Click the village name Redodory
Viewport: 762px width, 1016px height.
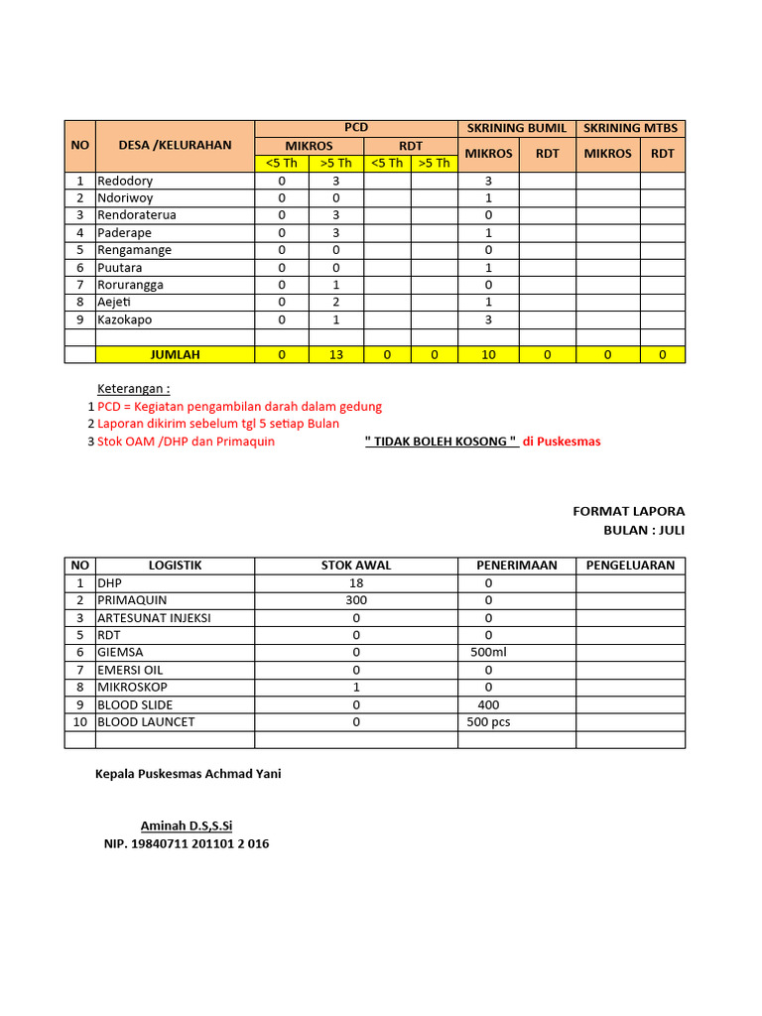[x=125, y=181]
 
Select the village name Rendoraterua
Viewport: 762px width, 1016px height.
[x=137, y=215]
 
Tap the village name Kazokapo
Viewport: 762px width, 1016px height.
[x=125, y=319]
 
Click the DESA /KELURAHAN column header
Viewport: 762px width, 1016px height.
[x=175, y=145]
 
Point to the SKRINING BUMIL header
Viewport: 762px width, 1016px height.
[x=517, y=128]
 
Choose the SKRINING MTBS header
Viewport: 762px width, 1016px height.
[x=630, y=128]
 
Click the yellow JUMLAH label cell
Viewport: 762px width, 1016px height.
[x=175, y=354]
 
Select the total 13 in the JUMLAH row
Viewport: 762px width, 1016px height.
[x=336, y=354]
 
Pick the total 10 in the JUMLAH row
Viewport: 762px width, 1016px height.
[x=488, y=354]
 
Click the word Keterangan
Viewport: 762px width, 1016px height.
[x=133, y=388]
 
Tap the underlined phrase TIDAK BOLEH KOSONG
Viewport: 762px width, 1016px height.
[x=442, y=442]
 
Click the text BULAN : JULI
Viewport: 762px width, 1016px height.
[x=644, y=530]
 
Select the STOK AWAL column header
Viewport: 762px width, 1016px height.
[x=356, y=566]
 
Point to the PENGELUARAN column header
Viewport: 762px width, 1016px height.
[x=630, y=566]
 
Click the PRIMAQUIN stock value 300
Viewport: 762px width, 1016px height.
[x=356, y=600]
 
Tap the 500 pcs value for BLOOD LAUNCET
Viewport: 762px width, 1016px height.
[x=488, y=721]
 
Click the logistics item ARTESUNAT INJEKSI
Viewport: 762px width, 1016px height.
[x=154, y=617]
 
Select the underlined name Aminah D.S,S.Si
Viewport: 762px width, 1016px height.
[x=187, y=825]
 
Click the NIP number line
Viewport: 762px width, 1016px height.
[x=187, y=844]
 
